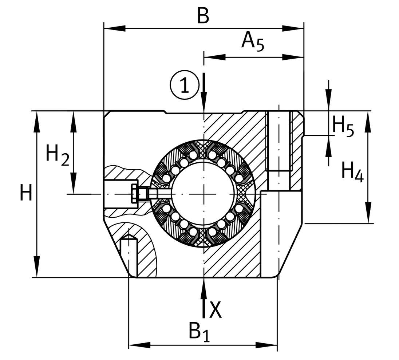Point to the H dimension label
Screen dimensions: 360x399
[x=26, y=193]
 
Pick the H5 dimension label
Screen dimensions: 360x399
[x=343, y=126]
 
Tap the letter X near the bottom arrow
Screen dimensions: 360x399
[x=216, y=310]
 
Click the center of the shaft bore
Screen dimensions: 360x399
[x=204, y=194]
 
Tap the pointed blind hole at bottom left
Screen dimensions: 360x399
[x=129, y=255]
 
